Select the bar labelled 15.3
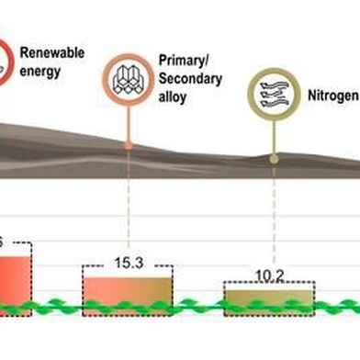pyautogui.click(x=127, y=292)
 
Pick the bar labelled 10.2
pyautogui.click(x=269, y=299)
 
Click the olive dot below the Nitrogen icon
pyautogui.click(x=274, y=159)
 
